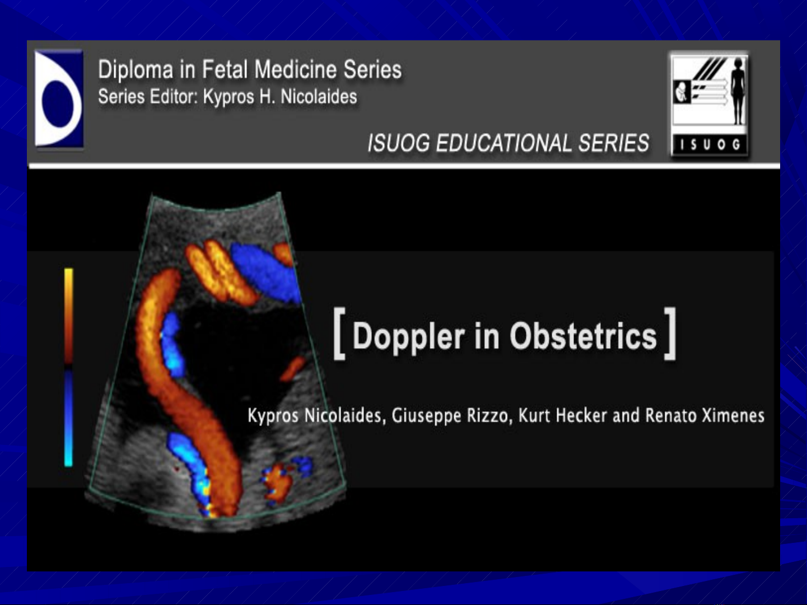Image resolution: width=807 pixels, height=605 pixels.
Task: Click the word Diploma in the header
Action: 136,70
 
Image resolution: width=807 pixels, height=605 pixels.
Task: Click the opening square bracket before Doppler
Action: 339,333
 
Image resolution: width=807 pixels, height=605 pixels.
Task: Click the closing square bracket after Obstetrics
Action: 670,333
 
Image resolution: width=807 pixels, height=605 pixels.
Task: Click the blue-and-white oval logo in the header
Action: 59,99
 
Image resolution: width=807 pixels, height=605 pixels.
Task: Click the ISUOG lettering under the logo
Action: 710,146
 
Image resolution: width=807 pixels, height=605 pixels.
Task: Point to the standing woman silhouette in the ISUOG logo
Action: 737,92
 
